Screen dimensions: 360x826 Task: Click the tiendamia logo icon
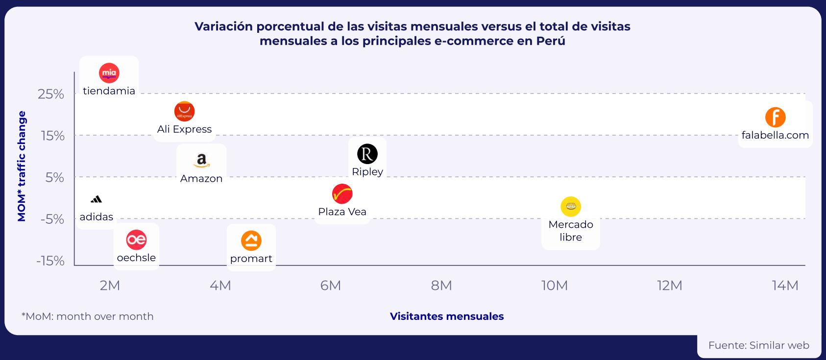(109, 73)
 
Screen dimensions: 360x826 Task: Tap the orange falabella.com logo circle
(775, 118)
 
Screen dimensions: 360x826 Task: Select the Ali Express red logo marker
(184, 111)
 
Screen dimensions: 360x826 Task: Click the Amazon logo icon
(201, 160)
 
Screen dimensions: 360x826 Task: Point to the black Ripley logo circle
(367, 154)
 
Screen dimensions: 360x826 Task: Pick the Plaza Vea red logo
(342, 194)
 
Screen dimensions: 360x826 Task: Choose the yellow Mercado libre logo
(570, 207)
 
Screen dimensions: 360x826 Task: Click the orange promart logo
(251, 240)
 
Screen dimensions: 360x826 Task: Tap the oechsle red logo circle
(136, 240)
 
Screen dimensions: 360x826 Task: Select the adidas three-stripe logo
(97, 199)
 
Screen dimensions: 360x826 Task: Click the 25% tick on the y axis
(51, 94)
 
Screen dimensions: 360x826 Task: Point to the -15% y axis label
(50, 261)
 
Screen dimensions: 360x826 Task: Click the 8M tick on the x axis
(441, 286)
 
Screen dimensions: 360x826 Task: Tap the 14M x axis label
(785, 286)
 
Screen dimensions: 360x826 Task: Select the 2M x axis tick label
(110, 286)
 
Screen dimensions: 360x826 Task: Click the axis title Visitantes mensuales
(446, 316)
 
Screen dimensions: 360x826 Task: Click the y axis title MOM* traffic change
(22, 167)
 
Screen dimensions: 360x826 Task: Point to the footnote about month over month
(88, 316)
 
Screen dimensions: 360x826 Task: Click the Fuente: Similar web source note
(758, 345)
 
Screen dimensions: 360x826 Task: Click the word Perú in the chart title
(551, 41)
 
